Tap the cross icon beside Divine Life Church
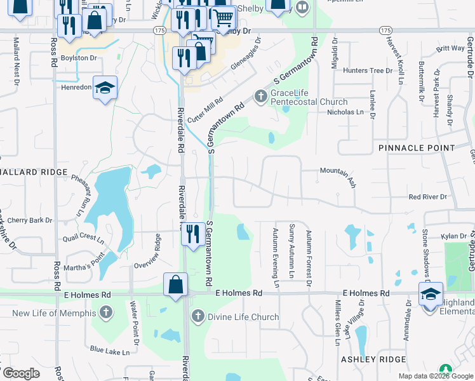198,316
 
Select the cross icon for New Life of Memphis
106,312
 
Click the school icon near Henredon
105,88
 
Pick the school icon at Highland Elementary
431,294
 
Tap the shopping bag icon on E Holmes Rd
176,285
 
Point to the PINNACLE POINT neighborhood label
417,147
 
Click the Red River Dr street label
428,197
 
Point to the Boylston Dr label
79,58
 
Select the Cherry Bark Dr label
30,220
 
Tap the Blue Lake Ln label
109,351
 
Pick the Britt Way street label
450,48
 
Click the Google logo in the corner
22,373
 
